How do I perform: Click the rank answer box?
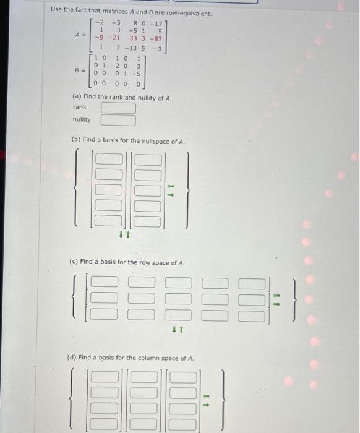pyautogui.click(x=118, y=108)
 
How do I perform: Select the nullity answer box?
pyautogui.click(x=118, y=120)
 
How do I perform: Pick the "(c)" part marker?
pyautogui.click(x=75, y=262)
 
